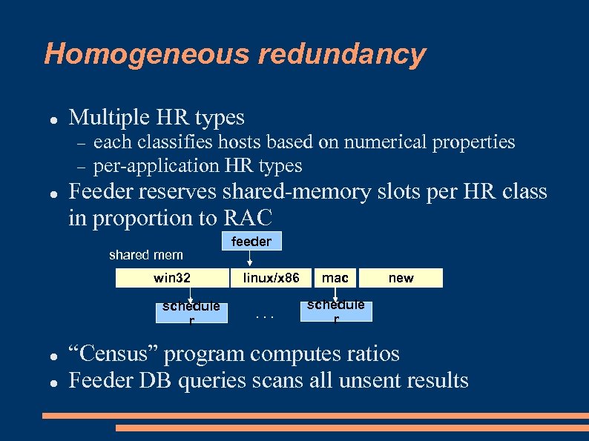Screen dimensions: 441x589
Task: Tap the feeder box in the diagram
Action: [251, 242]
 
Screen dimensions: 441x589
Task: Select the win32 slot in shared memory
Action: [172, 278]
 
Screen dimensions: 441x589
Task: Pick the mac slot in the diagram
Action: [335, 278]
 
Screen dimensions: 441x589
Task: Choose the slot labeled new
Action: [401, 278]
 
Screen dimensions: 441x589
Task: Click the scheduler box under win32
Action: [191, 313]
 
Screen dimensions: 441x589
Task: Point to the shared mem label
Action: [145, 255]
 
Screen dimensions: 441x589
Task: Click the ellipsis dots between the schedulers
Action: [265, 316]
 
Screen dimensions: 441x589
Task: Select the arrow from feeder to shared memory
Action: [251, 259]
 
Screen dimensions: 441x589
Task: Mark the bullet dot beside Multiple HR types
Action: [53, 119]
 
